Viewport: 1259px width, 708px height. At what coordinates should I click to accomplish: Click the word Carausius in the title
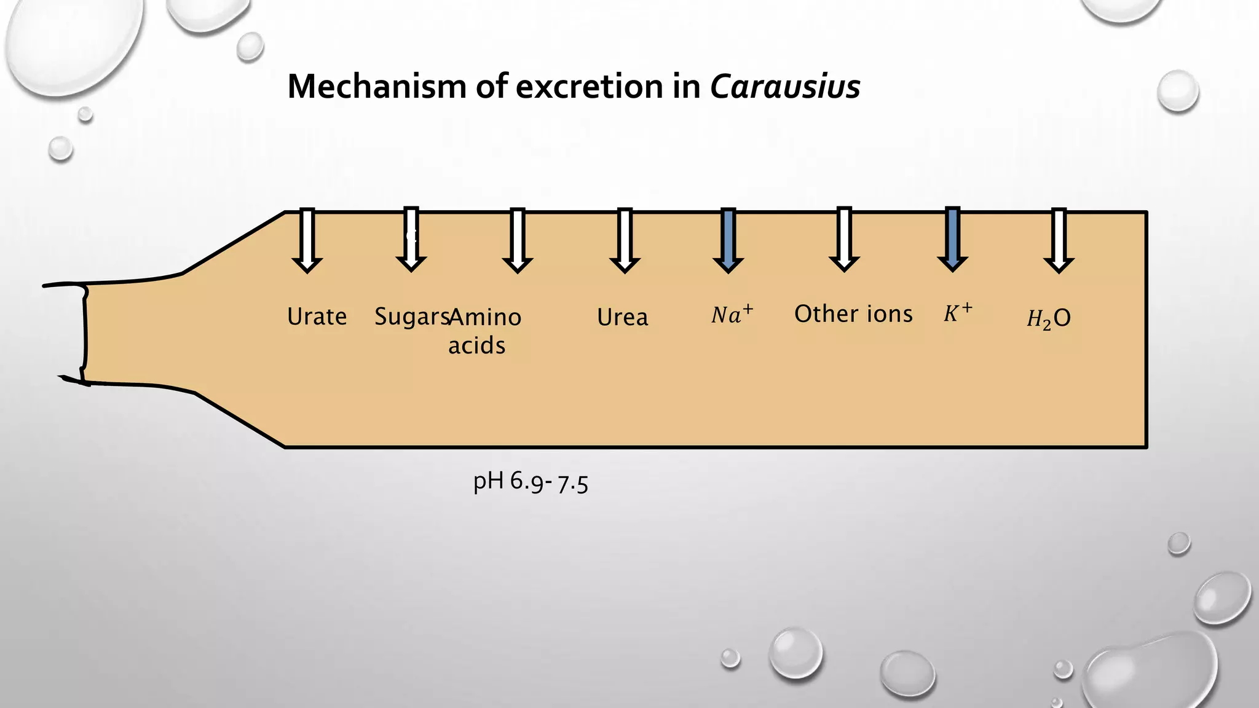click(x=784, y=87)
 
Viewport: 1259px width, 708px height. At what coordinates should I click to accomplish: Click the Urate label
click(x=317, y=317)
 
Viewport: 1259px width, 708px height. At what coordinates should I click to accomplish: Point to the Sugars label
click(x=411, y=317)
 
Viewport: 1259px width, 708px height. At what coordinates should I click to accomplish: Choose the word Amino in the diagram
click(x=486, y=317)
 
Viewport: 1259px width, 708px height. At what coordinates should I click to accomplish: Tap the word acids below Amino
click(x=476, y=345)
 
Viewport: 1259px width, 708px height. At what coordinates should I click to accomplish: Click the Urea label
click(x=622, y=317)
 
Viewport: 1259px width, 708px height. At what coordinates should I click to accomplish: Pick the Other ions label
click(x=853, y=314)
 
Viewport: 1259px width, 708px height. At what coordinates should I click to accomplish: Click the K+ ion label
click(x=958, y=313)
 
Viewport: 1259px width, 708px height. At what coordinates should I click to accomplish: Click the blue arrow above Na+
click(x=728, y=240)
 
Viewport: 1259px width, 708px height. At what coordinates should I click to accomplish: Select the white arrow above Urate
click(x=307, y=240)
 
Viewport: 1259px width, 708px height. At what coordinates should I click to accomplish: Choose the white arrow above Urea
click(x=625, y=240)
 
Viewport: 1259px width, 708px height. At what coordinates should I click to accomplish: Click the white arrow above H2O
click(x=1059, y=240)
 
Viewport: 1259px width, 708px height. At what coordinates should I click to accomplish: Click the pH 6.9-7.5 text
click(x=530, y=482)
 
